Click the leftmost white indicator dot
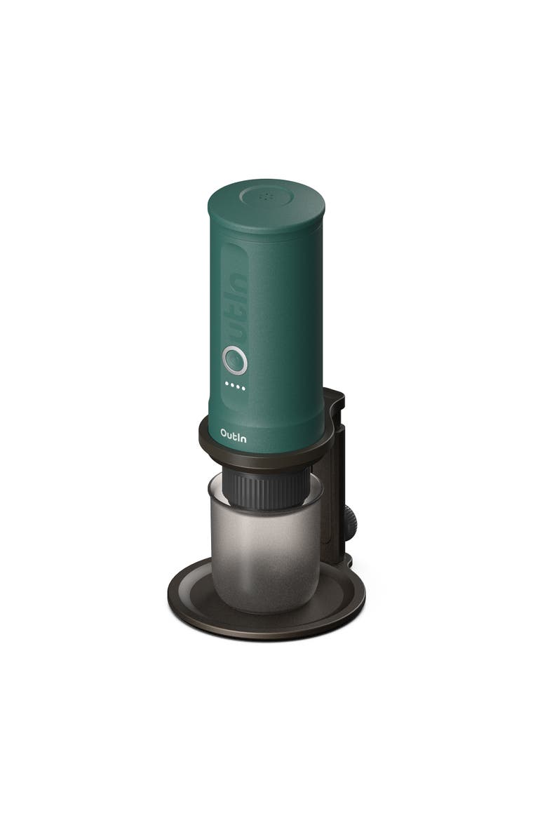coord(226,384)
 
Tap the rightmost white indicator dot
coord(243,387)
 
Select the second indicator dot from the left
coord(231,385)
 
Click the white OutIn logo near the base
coord(233,435)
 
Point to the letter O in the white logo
coord(224,434)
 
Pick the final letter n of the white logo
coord(243,436)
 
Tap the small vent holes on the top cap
coord(266,197)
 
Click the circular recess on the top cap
coord(267,195)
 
